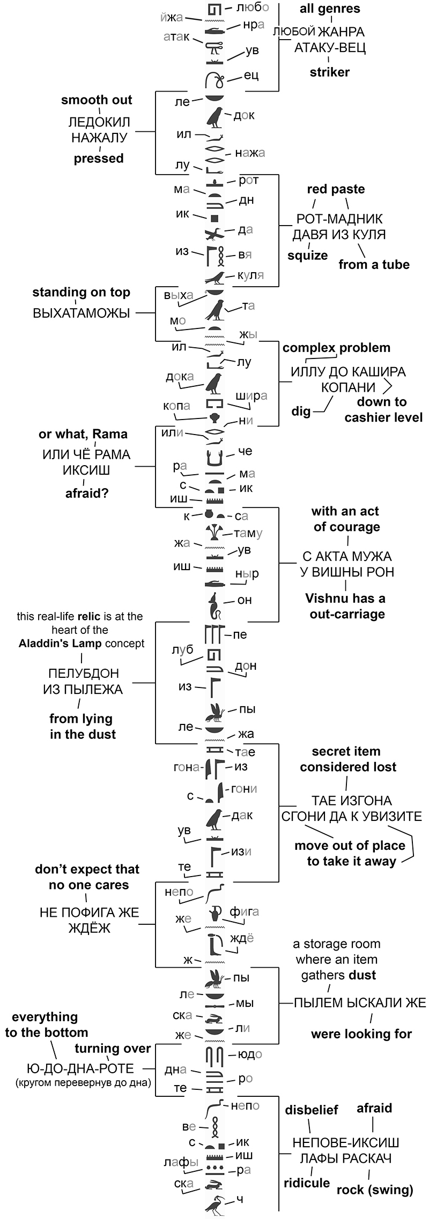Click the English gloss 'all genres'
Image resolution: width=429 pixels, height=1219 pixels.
(x=330, y=9)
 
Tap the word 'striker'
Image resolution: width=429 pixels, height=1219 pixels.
(x=329, y=72)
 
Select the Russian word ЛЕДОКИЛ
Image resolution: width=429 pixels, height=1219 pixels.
(x=99, y=122)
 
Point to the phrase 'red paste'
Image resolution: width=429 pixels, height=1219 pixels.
(x=336, y=189)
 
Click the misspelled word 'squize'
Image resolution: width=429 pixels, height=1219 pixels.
(x=307, y=256)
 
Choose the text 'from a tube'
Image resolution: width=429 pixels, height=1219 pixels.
(x=374, y=264)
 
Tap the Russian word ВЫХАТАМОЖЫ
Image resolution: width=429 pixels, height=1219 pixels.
(x=82, y=313)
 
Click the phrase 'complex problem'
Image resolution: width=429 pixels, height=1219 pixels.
(x=336, y=348)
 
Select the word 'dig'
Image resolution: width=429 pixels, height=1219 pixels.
(x=301, y=412)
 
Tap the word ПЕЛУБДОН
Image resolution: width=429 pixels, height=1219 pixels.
(x=83, y=674)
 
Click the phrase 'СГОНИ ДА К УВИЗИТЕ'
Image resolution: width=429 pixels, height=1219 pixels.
(x=351, y=817)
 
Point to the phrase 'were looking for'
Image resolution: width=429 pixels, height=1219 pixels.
(x=361, y=1034)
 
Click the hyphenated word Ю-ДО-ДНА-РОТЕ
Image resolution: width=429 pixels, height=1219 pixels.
(x=80, y=1068)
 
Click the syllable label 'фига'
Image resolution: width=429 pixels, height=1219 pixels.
(x=244, y=911)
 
